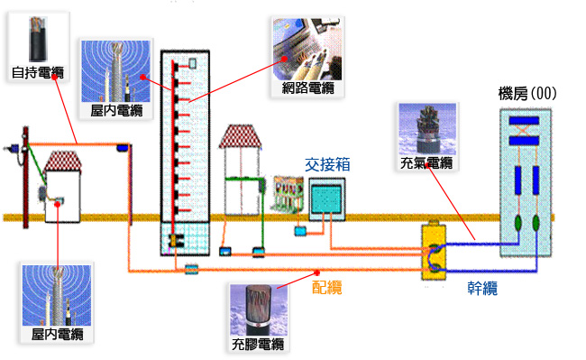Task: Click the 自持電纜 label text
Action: [38, 72]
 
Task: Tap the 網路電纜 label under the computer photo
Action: [308, 88]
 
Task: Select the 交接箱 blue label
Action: [327, 164]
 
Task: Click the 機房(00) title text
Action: [527, 94]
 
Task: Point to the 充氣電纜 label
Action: [426, 163]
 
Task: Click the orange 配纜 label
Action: [327, 288]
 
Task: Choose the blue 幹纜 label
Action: [482, 288]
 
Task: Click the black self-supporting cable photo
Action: [38, 39]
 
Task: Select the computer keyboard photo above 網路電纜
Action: [307, 49]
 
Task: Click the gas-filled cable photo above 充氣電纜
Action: [427, 129]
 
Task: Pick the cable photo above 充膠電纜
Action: [258, 310]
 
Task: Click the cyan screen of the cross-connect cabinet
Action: [326, 198]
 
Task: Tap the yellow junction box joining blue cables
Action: [434, 252]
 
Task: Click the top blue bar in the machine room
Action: [524, 121]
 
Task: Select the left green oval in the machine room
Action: [518, 223]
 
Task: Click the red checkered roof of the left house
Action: [62, 162]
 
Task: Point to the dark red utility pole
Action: [25, 177]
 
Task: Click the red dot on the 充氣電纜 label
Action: [427, 165]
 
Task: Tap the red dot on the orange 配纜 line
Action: [317, 272]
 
